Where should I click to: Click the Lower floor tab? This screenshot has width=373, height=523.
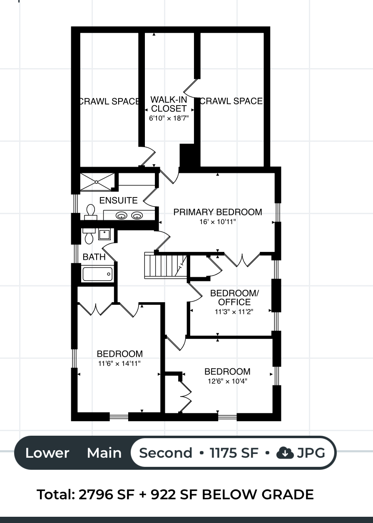tap(47, 453)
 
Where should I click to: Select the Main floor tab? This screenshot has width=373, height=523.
tap(104, 453)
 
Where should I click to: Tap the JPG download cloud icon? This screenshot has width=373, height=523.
tap(285, 453)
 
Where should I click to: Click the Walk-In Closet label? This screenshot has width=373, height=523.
tap(169, 104)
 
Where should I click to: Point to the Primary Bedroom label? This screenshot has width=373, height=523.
tap(217, 212)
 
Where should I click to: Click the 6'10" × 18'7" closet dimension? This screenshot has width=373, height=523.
tap(169, 118)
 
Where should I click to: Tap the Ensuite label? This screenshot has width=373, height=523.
tap(118, 200)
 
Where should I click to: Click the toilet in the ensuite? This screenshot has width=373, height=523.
tap(90, 212)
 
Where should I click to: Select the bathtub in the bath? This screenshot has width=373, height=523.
tap(97, 274)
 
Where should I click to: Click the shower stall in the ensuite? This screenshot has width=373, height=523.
tap(97, 182)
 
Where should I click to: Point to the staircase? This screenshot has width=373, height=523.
tap(166, 266)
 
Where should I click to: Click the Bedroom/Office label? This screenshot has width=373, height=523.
tap(234, 297)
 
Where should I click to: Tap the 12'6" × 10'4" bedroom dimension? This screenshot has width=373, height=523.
tap(227, 381)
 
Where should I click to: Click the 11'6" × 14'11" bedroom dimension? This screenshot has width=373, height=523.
tap(119, 363)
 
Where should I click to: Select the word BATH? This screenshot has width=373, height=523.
tap(94, 257)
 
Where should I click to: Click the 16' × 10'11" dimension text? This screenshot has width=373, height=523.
tap(217, 222)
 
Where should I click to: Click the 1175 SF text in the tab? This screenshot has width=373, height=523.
tap(234, 453)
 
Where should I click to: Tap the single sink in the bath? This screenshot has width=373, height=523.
tap(104, 234)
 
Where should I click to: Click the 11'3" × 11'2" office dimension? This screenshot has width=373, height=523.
tap(234, 312)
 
